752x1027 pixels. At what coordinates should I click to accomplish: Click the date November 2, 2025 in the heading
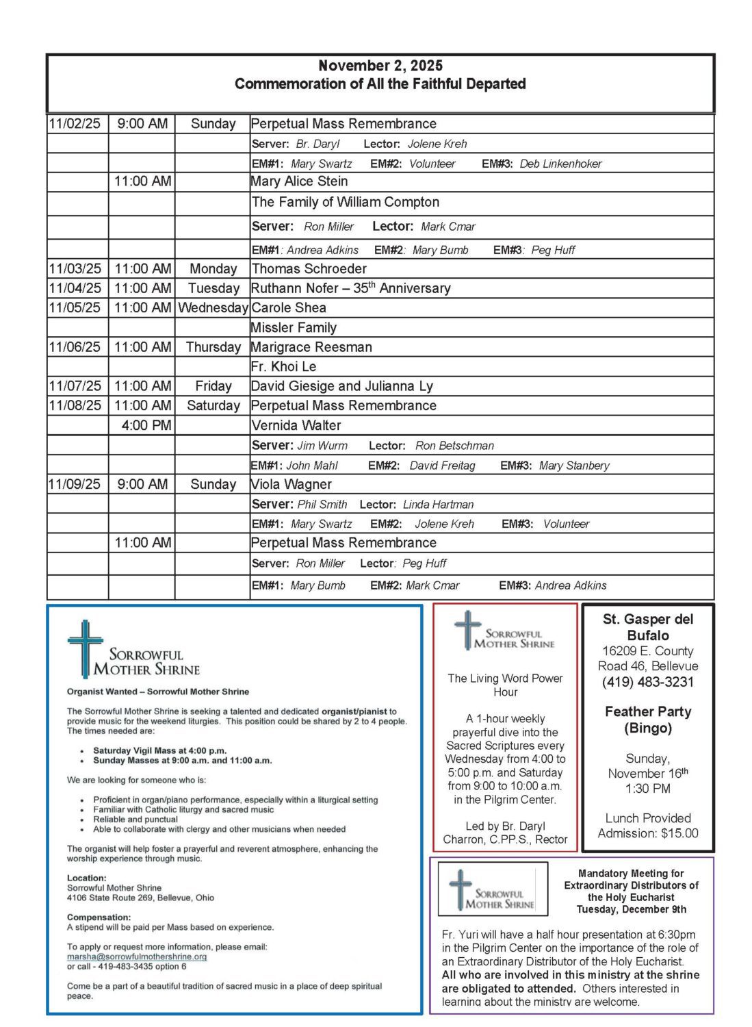tap(380, 66)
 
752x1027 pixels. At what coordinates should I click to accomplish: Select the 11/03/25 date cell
tap(75, 269)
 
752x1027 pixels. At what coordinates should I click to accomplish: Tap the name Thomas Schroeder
tap(309, 269)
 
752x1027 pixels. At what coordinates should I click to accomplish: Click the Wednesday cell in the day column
tap(213, 308)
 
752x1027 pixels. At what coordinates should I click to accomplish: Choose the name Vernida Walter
tap(296, 425)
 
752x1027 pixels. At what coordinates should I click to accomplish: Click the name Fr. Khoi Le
tap(283, 367)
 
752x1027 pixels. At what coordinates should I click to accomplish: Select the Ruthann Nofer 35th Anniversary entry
tap(350, 288)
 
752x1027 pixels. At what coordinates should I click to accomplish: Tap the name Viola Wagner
tap(291, 484)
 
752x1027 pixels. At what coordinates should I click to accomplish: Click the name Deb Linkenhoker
tap(560, 164)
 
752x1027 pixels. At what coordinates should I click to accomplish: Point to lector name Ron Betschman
tap(454, 446)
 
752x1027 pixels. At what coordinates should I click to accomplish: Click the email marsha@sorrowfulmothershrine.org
tap(137, 956)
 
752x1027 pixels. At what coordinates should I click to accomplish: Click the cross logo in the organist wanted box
tap(84, 647)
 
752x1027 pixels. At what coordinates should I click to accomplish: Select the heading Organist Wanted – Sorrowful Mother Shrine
tap(158, 692)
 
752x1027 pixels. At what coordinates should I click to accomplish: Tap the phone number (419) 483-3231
tap(647, 682)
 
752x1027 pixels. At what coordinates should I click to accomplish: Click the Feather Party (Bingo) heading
tap(647, 720)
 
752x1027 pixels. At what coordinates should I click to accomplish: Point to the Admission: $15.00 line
tap(647, 833)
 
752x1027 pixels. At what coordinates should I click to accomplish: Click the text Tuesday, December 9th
tap(631, 909)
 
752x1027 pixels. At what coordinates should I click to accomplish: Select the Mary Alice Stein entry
tap(300, 181)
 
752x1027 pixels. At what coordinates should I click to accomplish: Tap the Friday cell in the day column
tap(213, 386)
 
